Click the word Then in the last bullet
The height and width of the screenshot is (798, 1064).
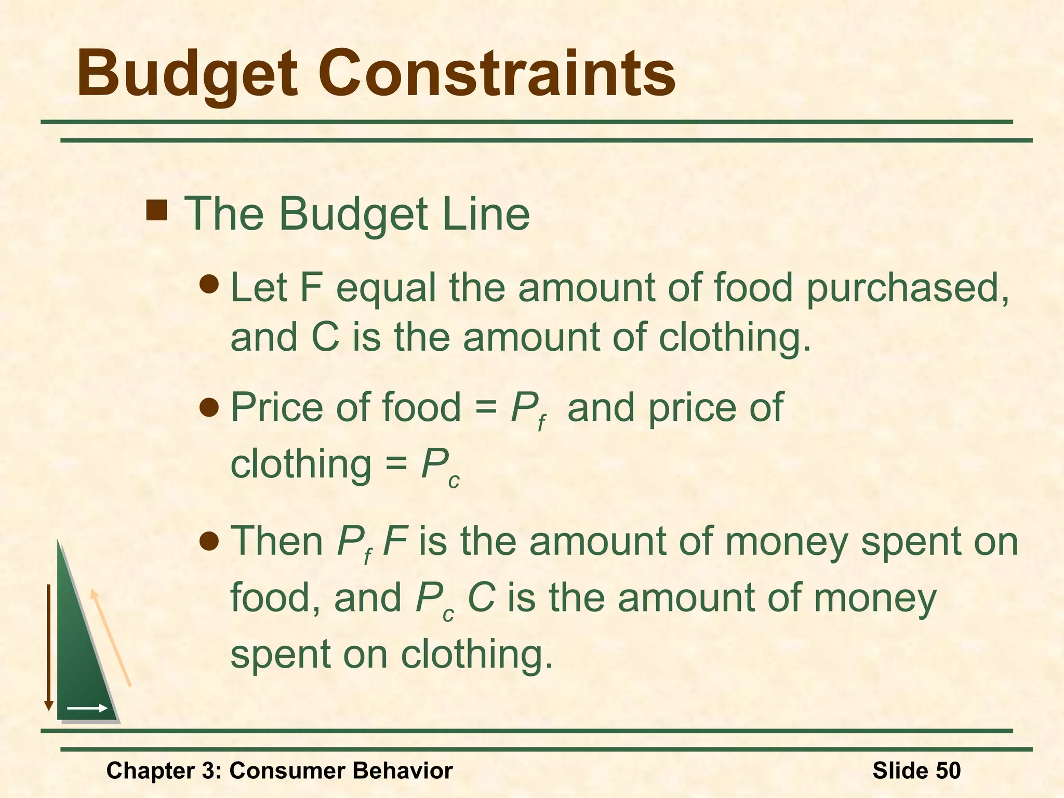277,541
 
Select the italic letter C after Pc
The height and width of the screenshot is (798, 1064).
481,597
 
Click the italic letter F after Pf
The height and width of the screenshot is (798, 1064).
395,541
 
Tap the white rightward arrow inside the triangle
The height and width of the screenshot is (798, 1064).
87,708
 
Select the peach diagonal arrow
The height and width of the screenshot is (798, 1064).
110,637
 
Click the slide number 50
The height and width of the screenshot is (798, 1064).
948,770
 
